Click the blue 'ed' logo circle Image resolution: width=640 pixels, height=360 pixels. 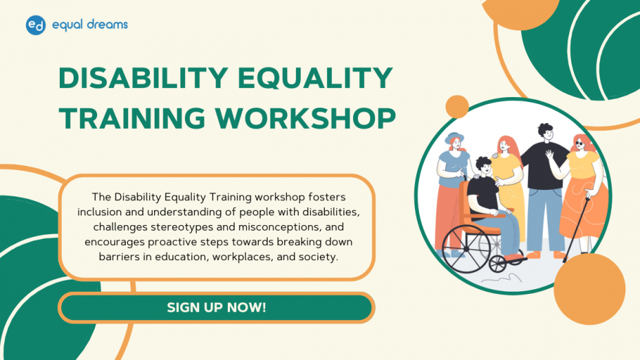coord(36,25)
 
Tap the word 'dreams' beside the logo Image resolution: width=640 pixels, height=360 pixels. coord(109,25)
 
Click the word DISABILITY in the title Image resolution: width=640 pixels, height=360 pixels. coord(143,78)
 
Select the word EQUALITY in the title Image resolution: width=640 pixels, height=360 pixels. coord(315,78)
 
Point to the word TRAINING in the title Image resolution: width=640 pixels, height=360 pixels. coord(132,118)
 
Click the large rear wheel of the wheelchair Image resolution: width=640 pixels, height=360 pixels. coord(466,248)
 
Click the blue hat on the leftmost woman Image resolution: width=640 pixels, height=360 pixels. coord(454,138)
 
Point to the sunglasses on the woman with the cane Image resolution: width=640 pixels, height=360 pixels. coord(579,143)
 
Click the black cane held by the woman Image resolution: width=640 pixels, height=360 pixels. coord(577,229)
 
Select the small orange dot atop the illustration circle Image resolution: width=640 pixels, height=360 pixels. coord(457,107)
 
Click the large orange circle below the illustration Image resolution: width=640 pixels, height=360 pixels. coord(589,289)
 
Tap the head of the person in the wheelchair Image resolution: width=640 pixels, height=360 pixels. coord(484,165)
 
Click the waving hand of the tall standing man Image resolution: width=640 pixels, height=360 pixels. coord(549,155)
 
